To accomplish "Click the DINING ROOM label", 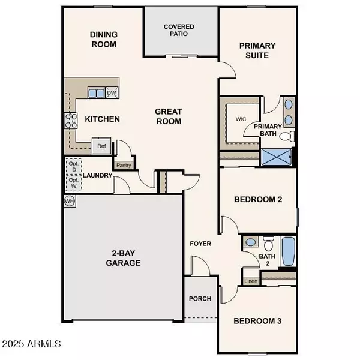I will coord(103,40).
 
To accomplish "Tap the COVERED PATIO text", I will coord(180,31).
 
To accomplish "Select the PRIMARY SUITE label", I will coord(257,50).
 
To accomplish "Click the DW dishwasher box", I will coord(111,92).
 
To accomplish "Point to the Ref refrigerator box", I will coord(101,146).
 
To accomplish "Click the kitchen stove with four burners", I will coord(71,121).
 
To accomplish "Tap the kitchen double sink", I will coord(96,92).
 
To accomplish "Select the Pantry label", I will coord(124,164).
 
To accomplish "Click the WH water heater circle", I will coord(69,200).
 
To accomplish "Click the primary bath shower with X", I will coord(277,158).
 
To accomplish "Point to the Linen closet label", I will coord(251,280).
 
